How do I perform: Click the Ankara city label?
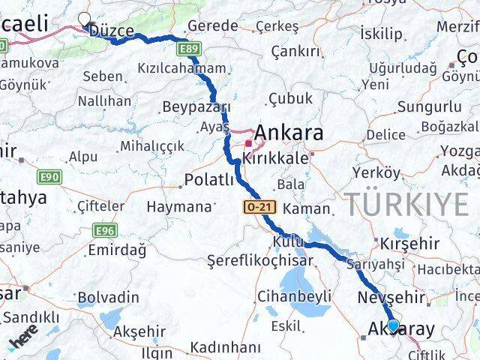289,133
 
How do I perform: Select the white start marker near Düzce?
84,20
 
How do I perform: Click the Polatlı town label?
210,181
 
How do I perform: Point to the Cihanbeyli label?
294,295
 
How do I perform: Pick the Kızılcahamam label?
181,68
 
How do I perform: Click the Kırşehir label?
409,244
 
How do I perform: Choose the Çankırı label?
295,51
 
